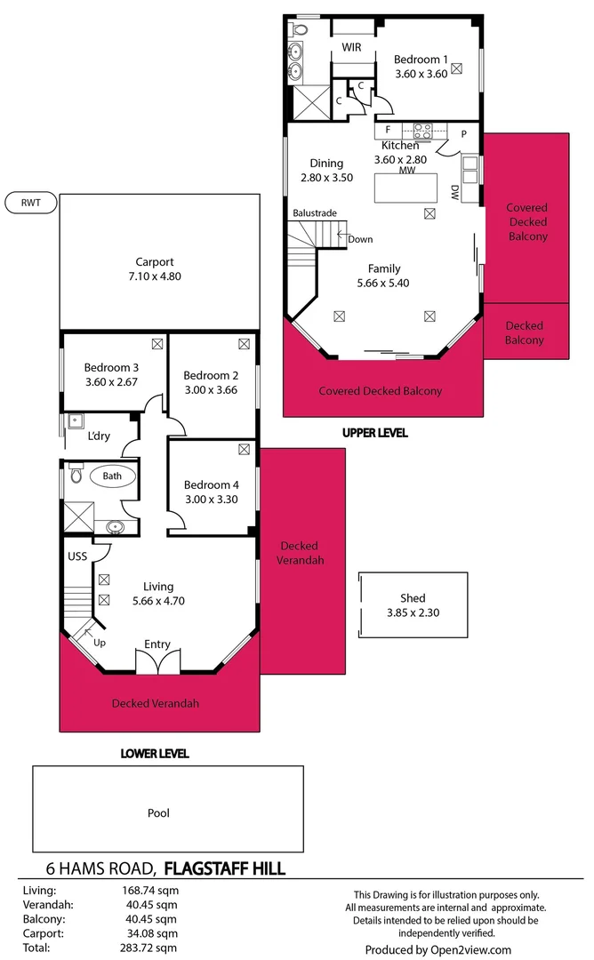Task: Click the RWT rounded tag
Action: [30, 203]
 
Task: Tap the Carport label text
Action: [155, 261]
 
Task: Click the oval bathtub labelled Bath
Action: [112, 476]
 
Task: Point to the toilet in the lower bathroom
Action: [76, 477]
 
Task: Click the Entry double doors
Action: [157, 662]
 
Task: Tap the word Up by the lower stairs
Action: [100, 641]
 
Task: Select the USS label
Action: [77, 556]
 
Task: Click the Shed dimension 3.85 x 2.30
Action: [413, 612]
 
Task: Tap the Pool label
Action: [158, 812]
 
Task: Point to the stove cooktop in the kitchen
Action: [422, 131]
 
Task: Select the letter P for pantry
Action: [464, 133]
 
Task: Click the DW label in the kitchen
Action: [454, 191]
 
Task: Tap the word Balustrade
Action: [314, 213]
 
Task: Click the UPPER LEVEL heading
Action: [374, 433]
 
